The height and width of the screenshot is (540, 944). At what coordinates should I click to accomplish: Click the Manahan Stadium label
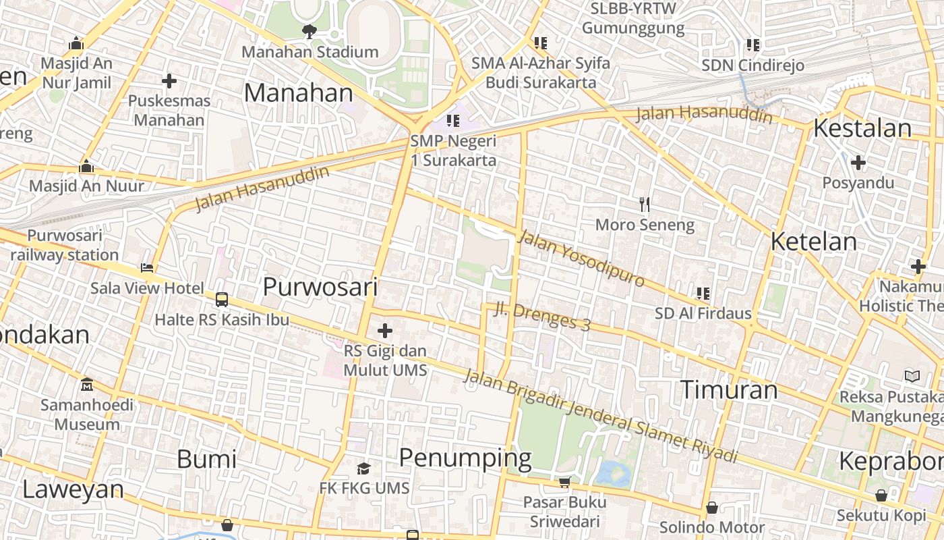pyautogui.click(x=309, y=52)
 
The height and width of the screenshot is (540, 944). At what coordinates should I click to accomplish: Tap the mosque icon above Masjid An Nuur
pyautogui.click(x=86, y=167)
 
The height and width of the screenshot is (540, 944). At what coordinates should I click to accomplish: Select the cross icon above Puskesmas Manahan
pyautogui.click(x=169, y=82)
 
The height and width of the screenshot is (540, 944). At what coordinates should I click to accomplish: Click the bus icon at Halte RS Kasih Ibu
pyautogui.click(x=221, y=300)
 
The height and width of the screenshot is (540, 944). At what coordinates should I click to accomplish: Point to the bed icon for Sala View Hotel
pyautogui.click(x=147, y=268)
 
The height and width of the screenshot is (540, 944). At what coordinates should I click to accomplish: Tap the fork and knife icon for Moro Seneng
pyautogui.click(x=644, y=204)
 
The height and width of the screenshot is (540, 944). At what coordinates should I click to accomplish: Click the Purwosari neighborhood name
pyautogui.click(x=320, y=287)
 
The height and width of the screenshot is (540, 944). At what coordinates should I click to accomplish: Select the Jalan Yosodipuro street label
pyautogui.click(x=581, y=258)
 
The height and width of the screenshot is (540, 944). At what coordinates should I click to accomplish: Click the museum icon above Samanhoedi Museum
pyautogui.click(x=86, y=385)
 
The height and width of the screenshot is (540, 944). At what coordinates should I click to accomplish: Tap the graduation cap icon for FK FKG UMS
pyautogui.click(x=364, y=468)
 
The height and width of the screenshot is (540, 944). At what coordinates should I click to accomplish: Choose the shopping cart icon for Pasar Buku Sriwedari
pyautogui.click(x=564, y=482)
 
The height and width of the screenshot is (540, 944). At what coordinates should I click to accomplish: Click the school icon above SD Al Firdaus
pyautogui.click(x=703, y=294)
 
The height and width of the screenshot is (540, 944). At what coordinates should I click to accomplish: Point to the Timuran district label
pyautogui.click(x=728, y=390)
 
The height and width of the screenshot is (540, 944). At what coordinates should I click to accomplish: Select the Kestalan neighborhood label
pyautogui.click(x=862, y=128)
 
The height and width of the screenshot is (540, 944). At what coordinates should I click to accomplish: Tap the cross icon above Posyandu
pyautogui.click(x=858, y=163)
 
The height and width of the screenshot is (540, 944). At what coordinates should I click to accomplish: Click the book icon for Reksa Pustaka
pyautogui.click(x=912, y=376)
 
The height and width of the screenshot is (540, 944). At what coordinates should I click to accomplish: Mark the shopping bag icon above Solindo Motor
pyautogui.click(x=711, y=508)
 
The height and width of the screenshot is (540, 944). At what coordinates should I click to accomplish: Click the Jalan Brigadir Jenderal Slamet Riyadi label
pyautogui.click(x=600, y=416)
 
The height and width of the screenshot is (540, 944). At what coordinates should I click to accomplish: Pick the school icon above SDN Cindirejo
pyautogui.click(x=753, y=45)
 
